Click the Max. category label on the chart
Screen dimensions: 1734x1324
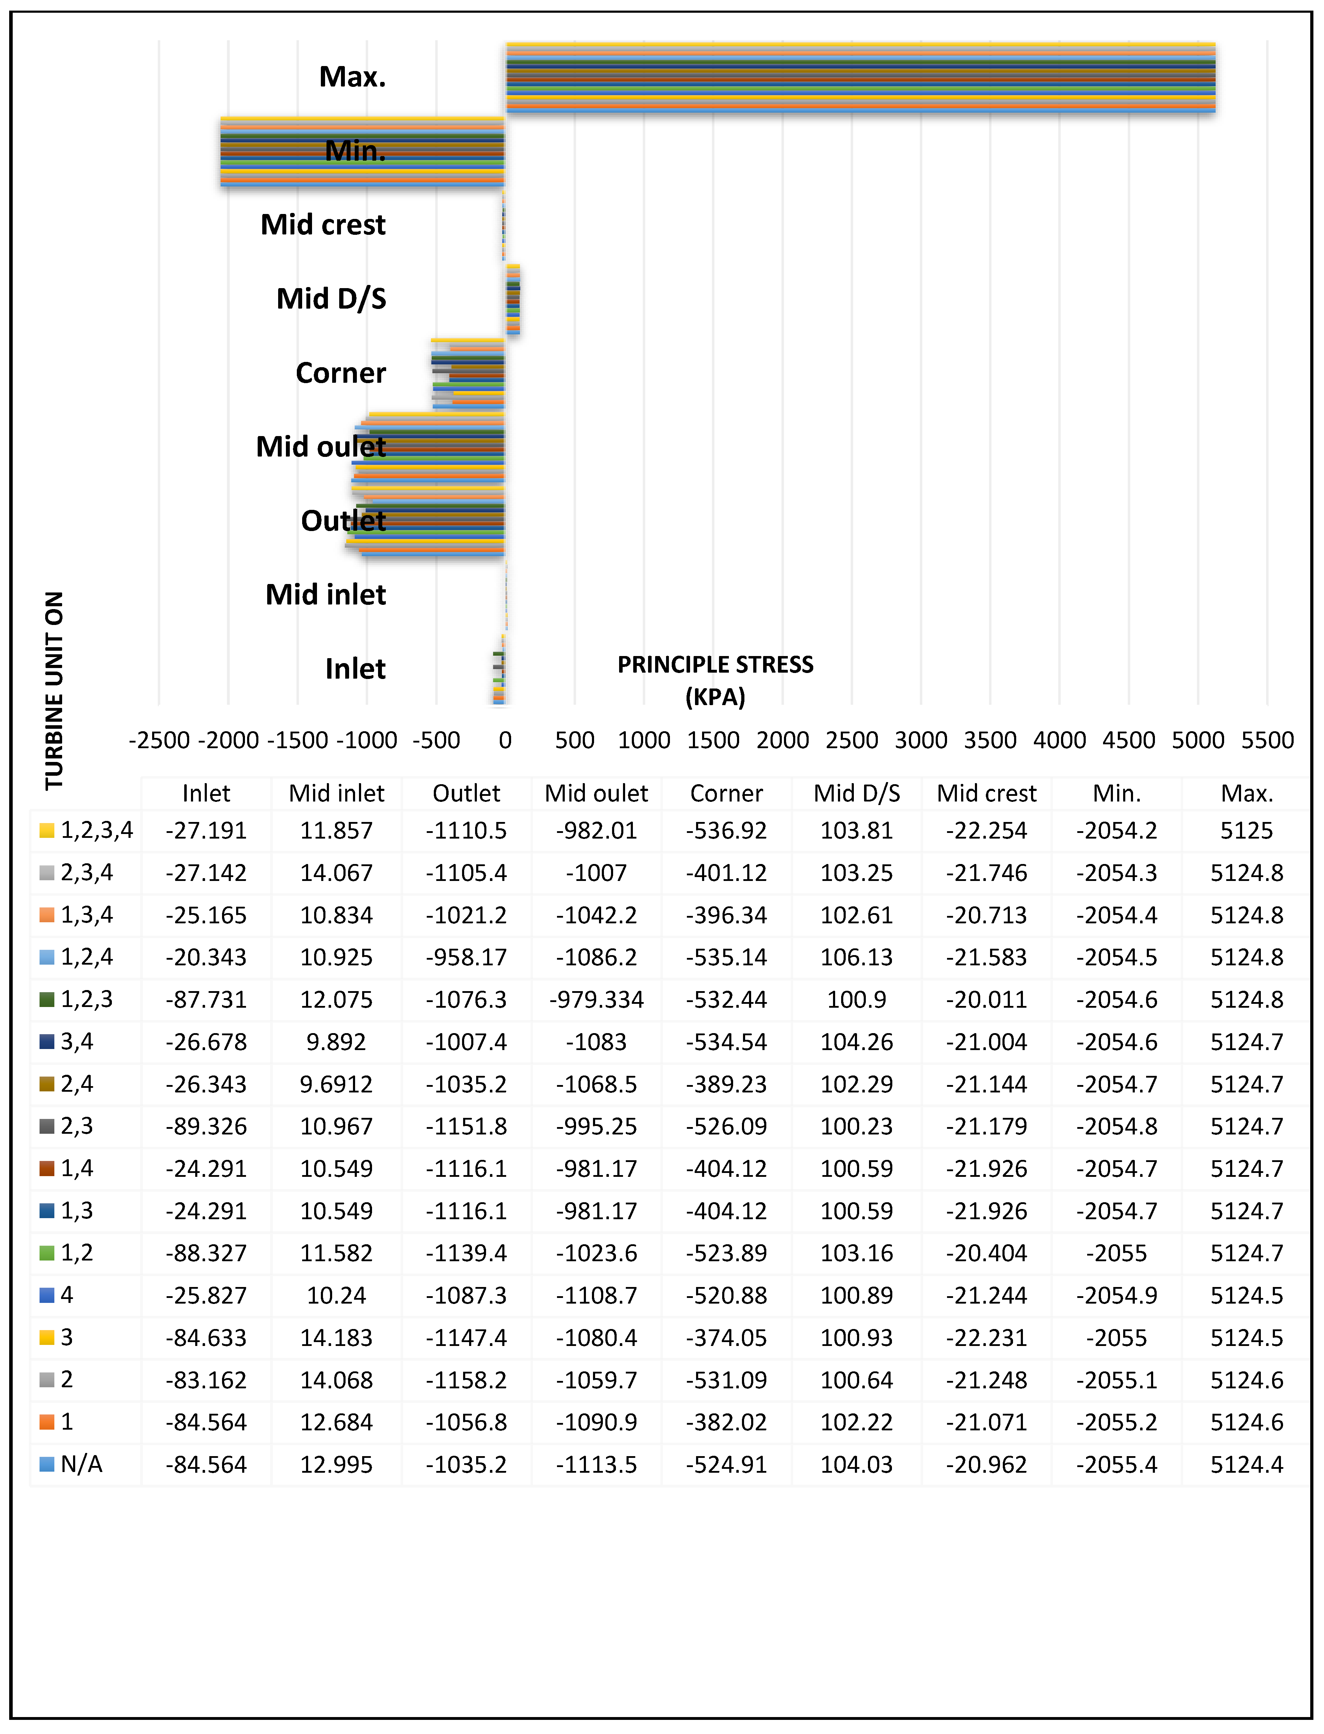point(352,77)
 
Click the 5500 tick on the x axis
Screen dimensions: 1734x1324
point(1267,740)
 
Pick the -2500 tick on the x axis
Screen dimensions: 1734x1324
point(159,740)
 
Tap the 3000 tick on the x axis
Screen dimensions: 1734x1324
point(921,740)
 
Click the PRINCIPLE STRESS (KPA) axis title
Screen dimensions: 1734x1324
point(715,680)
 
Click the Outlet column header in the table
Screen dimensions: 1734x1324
point(467,794)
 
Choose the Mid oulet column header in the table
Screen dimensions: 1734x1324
point(597,794)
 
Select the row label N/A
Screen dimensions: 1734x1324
point(81,1465)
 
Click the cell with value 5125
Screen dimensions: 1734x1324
point(1247,831)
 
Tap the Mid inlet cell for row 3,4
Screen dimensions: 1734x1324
point(336,1042)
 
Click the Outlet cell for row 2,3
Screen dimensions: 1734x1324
point(467,1126)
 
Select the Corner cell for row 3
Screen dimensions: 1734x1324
point(727,1337)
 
